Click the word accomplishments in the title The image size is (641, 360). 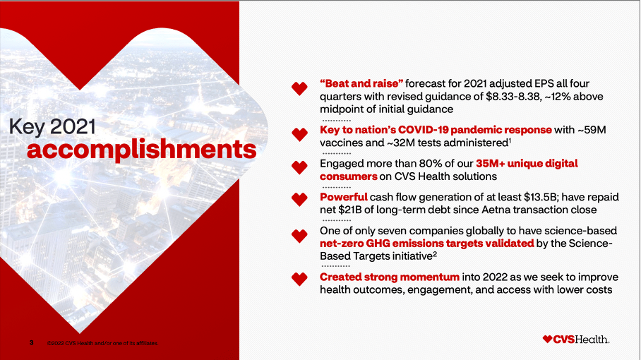[x=141, y=150]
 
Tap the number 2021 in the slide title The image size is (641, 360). [x=73, y=126]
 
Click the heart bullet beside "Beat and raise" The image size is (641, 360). [x=299, y=88]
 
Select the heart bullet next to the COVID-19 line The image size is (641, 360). [x=299, y=134]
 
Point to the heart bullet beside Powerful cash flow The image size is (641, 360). [x=299, y=199]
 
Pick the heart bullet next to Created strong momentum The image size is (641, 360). [x=299, y=279]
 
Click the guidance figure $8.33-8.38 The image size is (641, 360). [x=513, y=97]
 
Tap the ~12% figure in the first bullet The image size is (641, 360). [x=558, y=97]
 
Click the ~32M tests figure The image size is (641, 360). [x=402, y=143]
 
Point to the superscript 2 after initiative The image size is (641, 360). [x=435, y=254]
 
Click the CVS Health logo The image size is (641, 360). [x=576, y=339]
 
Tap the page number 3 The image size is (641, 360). [x=32, y=342]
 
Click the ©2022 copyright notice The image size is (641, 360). [x=102, y=343]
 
